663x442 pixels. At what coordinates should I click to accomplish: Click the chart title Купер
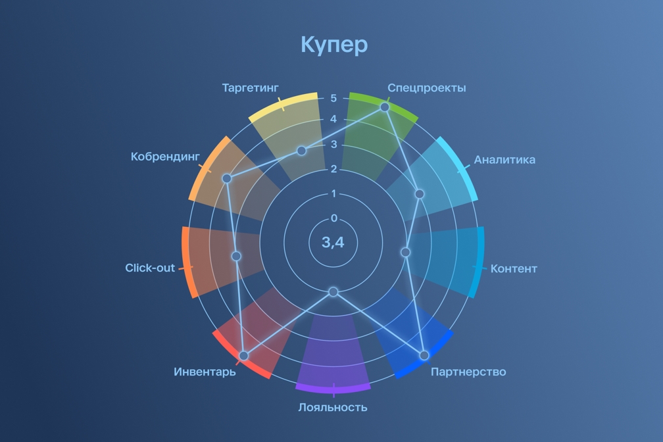[333, 45]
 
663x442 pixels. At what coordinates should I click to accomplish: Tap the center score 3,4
[333, 242]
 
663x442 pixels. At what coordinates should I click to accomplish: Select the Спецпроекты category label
[426, 88]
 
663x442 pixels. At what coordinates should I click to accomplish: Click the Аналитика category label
[504, 160]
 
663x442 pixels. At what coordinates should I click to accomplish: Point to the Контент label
[514, 268]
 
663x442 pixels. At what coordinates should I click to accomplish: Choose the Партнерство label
[468, 372]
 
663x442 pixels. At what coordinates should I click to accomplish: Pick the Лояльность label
[333, 407]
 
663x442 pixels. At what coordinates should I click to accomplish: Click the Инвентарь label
[205, 372]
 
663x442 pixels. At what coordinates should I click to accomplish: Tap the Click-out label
[150, 268]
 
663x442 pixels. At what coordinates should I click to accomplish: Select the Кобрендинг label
[165, 157]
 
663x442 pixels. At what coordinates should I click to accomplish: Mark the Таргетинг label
[250, 87]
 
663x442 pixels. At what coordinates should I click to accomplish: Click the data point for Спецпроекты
[385, 107]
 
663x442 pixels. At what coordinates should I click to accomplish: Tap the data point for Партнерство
[424, 355]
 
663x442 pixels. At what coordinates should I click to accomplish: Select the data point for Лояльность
[333, 291]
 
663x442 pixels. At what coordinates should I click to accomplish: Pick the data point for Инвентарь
[243, 356]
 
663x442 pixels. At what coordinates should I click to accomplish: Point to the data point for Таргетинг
[301, 151]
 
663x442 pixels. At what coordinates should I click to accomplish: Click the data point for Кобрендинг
[227, 178]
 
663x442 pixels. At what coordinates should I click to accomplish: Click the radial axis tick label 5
[333, 98]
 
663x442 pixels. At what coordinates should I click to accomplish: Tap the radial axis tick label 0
[334, 218]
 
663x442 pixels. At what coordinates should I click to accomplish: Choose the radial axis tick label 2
[333, 169]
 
